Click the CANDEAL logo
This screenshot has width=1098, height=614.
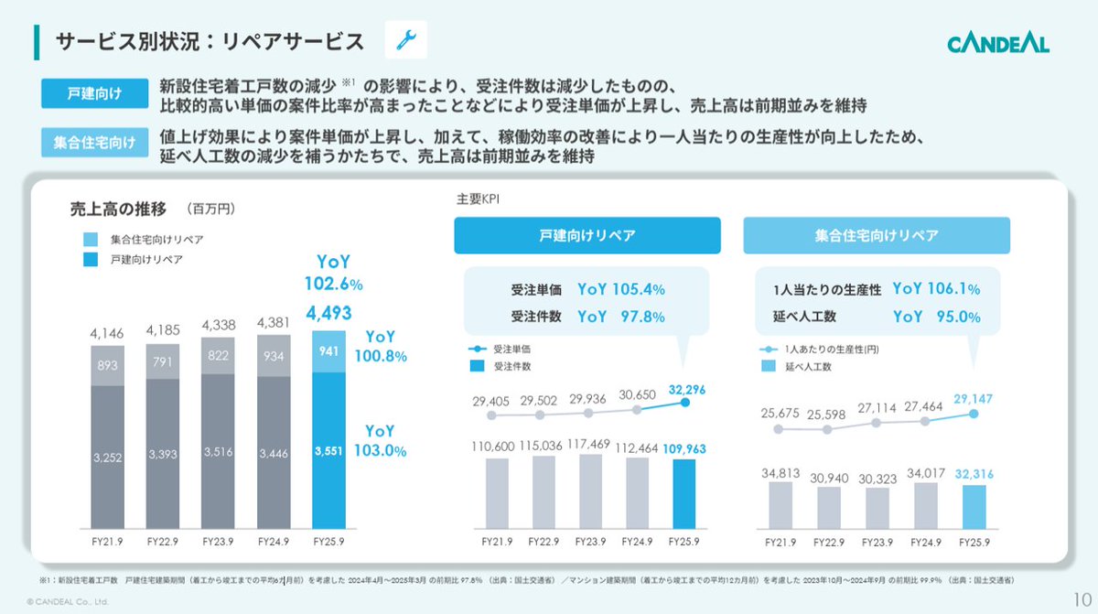(x=997, y=42)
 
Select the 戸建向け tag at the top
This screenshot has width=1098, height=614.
(x=94, y=93)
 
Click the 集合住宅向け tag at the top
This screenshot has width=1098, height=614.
(x=94, y=144)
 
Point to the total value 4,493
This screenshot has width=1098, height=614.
(x=328, y=313)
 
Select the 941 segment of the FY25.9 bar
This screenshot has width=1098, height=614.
(x=328, y=351)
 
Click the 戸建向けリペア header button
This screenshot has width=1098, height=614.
(x=587, y=235)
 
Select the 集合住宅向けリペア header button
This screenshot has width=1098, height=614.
(x=877, y=235)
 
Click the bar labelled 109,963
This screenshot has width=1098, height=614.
(x=683, y=494)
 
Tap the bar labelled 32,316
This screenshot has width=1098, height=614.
(x=974, y=506)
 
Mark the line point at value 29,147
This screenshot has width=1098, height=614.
(x=974, y=414)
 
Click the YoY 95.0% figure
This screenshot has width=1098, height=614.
(x=936, y=317)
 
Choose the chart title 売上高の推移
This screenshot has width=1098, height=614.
(x=118, y=208)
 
